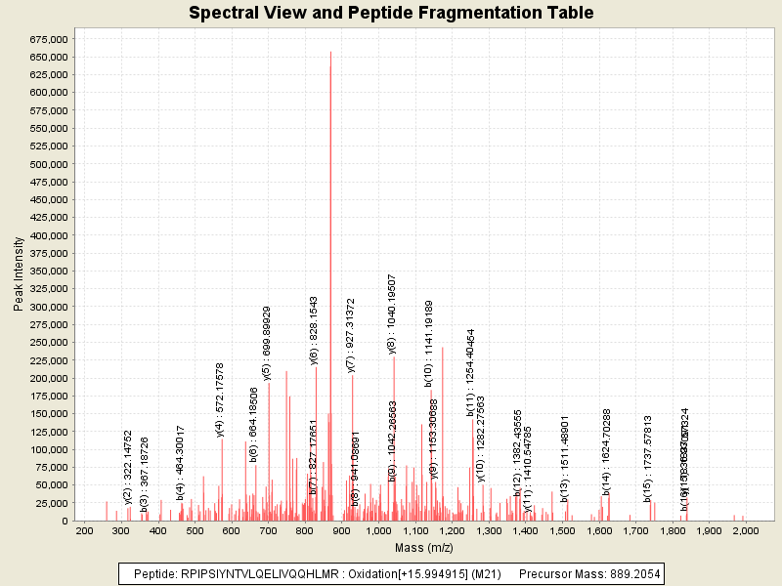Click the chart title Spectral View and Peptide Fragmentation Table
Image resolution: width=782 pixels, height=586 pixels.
[x=391, y=13]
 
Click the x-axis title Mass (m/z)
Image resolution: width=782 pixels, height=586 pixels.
[x=424, y=548]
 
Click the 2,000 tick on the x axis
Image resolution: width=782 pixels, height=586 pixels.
[x=746, y=530]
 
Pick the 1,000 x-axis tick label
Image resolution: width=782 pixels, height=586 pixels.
[x=378, y=530]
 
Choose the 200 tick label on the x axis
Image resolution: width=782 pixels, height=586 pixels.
[x=84, y=530]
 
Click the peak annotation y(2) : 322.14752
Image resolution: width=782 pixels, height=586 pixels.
[x=128, y=459]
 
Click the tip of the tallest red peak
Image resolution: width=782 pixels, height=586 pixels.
[x=330, y=52]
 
